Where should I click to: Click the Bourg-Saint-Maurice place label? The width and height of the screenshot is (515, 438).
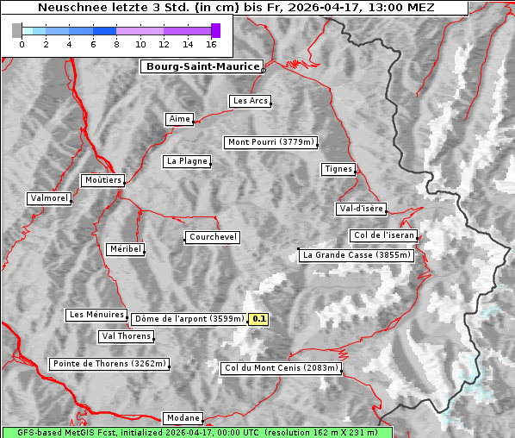pos(202,66)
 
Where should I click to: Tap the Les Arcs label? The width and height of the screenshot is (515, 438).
pos(251,101)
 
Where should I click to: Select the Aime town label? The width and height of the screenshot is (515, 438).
pos(179,119)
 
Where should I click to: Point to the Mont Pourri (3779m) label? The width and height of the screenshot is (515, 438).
pos(271,142)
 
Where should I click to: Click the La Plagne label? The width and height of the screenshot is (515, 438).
pos(187,161)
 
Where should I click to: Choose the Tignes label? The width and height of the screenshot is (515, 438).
pos(338,169)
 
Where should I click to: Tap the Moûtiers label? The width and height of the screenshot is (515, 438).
pos(102,180)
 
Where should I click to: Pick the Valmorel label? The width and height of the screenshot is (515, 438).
pos(49,198)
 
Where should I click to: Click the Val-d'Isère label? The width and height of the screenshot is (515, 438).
pos(361,209)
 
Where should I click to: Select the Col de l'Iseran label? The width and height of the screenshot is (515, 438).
pos(384,235)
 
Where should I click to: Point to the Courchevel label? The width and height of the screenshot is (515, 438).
pos(212,237)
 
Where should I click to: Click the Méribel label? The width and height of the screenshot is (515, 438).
pos(125,249)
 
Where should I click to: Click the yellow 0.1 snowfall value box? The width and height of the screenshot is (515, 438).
pos(259,319)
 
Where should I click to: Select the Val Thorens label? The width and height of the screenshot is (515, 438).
pos(127,336)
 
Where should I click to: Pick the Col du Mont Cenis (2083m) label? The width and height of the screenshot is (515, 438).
pos(281,368)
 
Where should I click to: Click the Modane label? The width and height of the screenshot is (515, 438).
pos(183,417)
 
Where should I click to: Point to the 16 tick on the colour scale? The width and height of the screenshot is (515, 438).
pos(211,44)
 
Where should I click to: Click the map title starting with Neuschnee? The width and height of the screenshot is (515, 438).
pos(236,8)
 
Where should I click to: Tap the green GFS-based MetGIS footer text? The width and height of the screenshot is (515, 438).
pos(196,432)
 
